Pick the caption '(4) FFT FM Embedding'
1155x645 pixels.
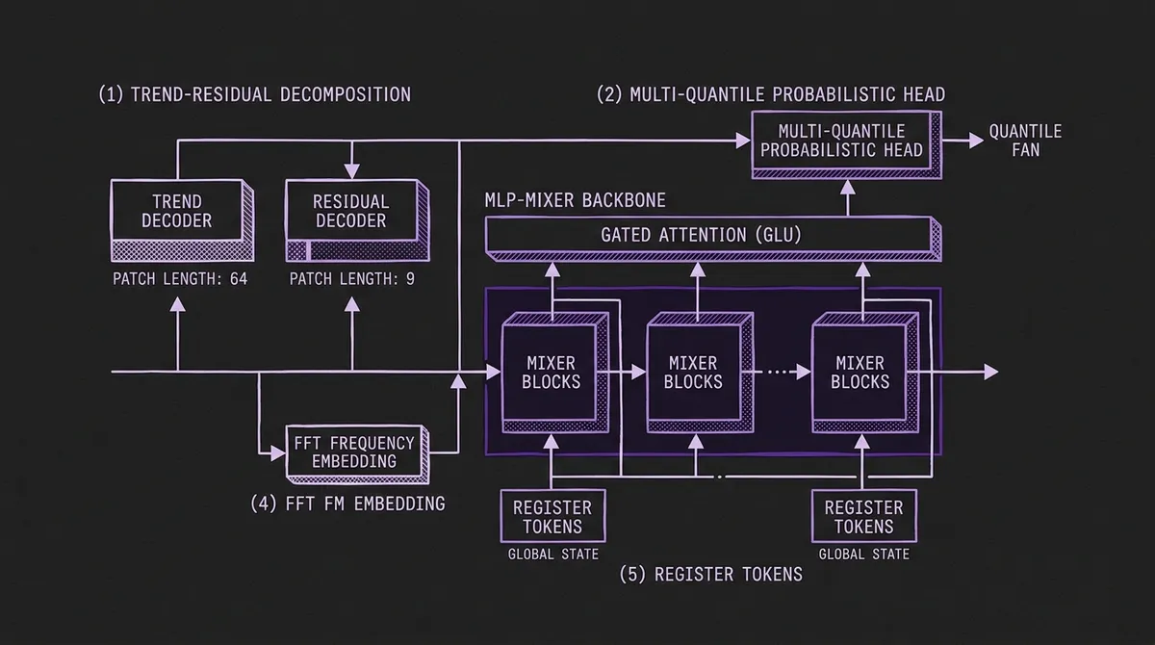coord(347,503)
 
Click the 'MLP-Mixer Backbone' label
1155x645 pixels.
coord(575,200)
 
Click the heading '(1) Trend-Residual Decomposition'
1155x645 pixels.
coord(254,94)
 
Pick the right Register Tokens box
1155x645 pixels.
coord(864,516)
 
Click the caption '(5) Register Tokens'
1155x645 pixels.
coord(712,575)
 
